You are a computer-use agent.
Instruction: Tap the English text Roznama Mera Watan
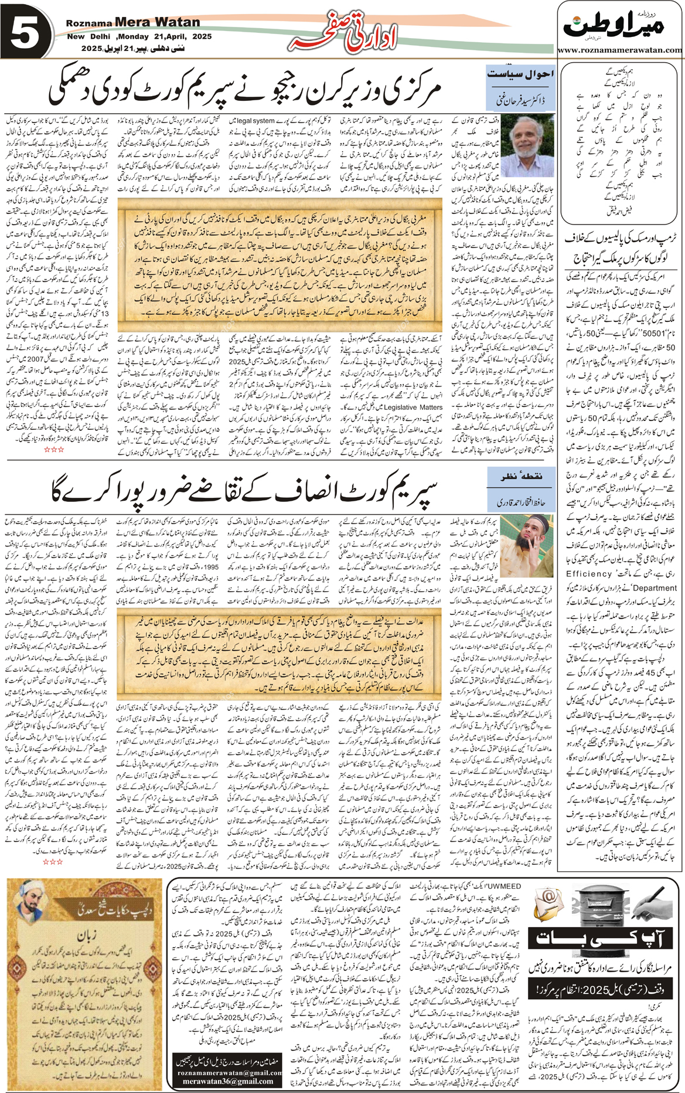[133, 22]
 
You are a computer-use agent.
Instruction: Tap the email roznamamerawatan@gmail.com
[229, 1072]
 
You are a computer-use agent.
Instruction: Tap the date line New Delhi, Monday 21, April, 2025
[139, 36]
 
